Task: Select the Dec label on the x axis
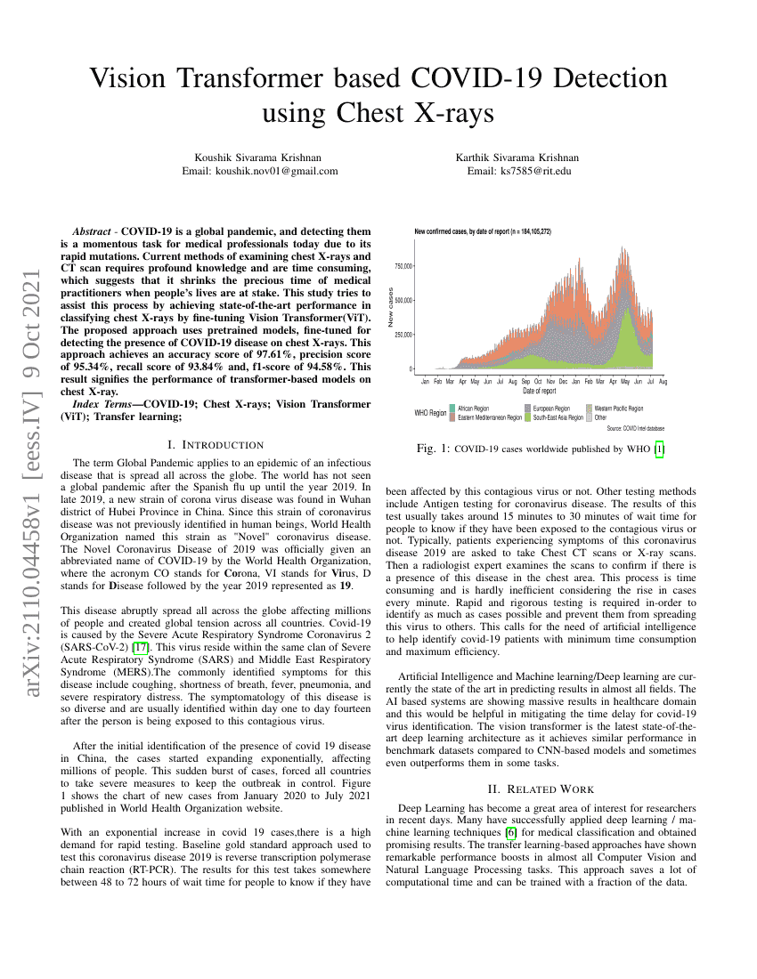(x=563, y=381)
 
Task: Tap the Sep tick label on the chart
(x=525, y=381)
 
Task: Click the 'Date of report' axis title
(x=540, y=391)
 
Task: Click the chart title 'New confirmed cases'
(x=482, y=232)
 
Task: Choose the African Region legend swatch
(x=453, y=408)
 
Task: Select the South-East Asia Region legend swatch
(x=528, y=417)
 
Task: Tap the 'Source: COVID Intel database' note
(x=635, y=428)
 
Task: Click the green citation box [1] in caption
(x=659, y=449)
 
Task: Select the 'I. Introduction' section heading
(x=216, y=444)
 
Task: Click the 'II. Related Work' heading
(x=540, y=788)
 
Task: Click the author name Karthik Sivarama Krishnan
(x=518, y=157)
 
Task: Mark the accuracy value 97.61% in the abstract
(x=256, y=353)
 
